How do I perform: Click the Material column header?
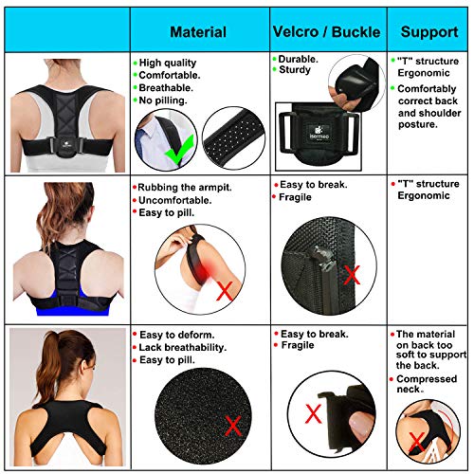196,29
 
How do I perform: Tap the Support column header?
428,29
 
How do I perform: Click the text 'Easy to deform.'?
178,335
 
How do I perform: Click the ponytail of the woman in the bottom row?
66,355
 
